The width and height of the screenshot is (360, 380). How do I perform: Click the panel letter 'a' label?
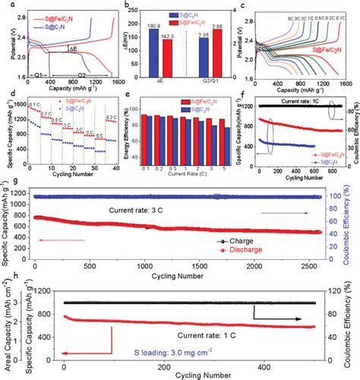[5, 5]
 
